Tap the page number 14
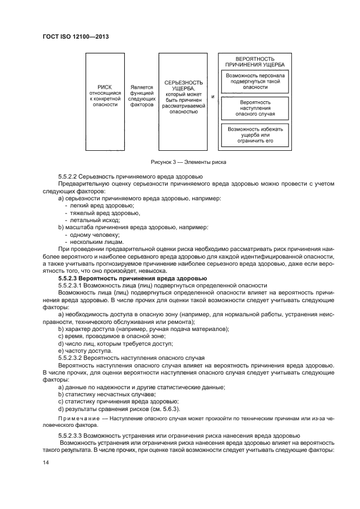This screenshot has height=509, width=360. point(46,462)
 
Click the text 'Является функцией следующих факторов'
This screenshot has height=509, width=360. point(142,96)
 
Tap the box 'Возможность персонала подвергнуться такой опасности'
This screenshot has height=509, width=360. point(255,81)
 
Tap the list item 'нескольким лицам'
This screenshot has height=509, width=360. point(94,242)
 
